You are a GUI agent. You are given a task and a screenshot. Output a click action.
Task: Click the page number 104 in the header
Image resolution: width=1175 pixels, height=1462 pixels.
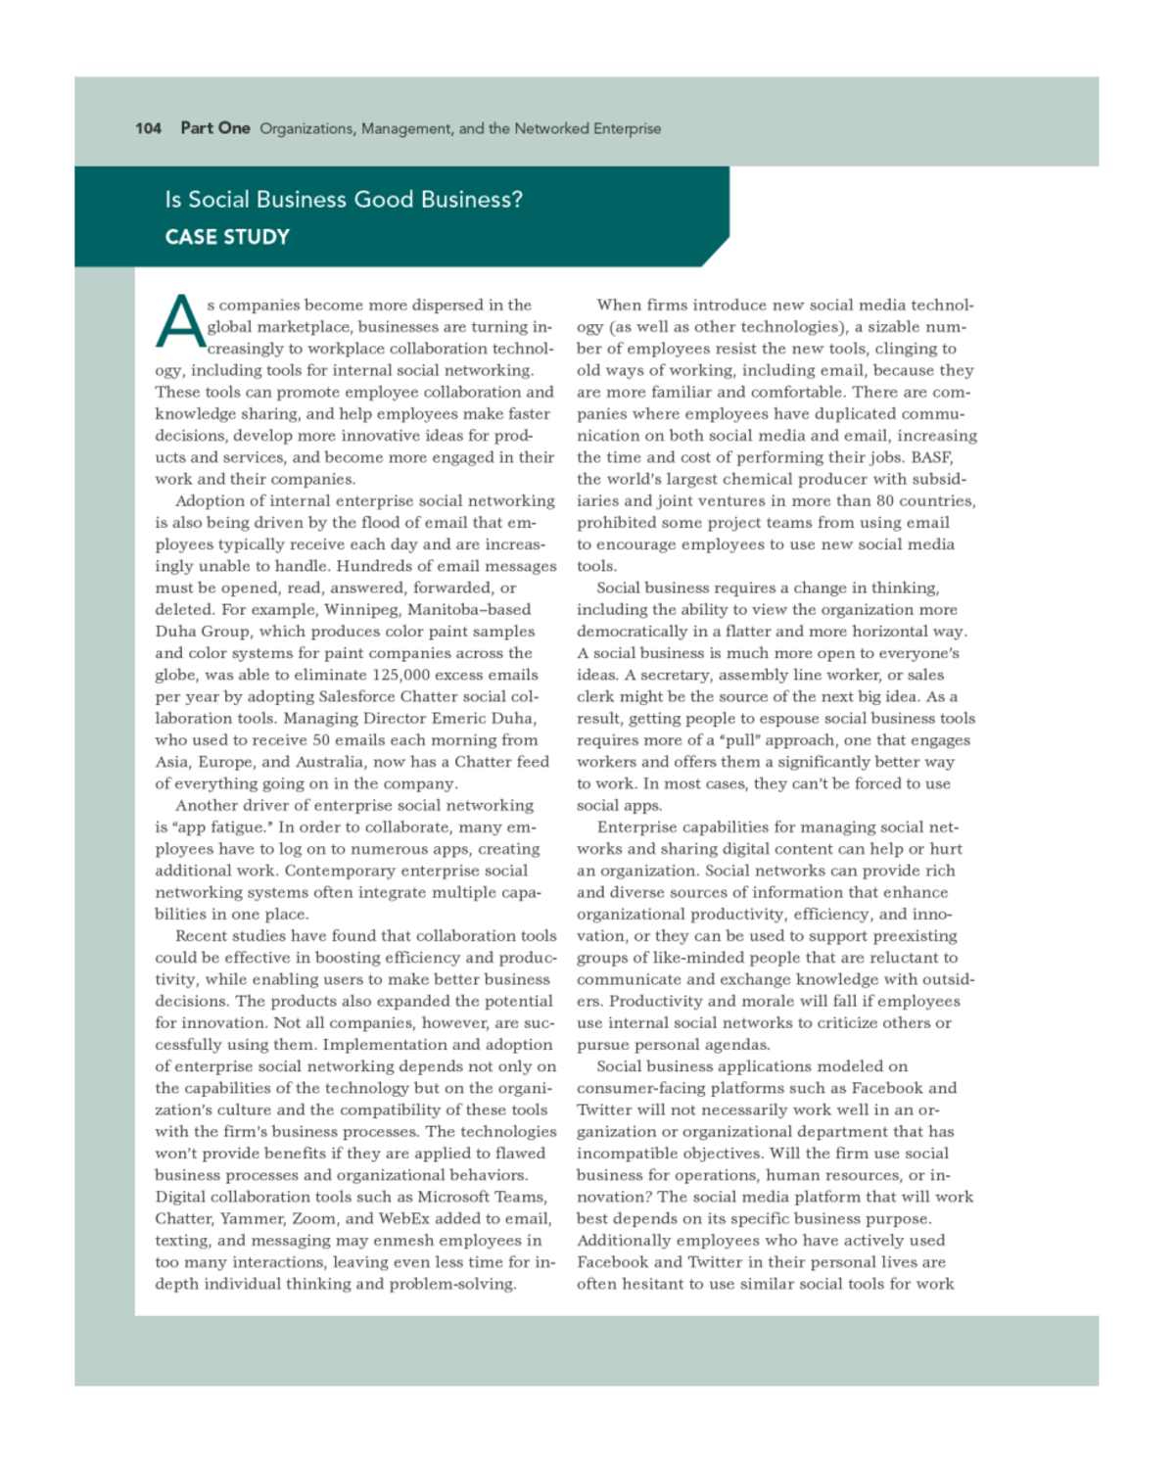pos(148,128)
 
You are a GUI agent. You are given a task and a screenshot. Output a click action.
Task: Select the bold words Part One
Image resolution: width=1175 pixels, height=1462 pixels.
pos(215,128)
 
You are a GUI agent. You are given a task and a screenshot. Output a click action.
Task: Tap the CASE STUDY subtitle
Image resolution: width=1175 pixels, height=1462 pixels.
pos(227,237)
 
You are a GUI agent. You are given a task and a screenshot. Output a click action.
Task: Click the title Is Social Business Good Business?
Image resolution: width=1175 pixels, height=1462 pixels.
pos(344,200)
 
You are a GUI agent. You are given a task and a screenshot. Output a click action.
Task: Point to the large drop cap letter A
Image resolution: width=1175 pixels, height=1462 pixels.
pos(179,322)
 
